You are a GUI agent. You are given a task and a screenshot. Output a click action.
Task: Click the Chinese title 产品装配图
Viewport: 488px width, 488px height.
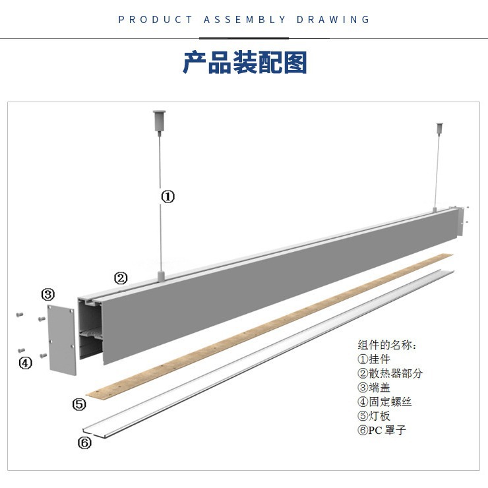point(245,63)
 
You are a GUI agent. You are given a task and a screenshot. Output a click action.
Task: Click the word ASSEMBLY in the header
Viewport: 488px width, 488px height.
point(245,20)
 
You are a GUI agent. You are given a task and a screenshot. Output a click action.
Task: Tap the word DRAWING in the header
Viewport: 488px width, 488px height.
point(333,20)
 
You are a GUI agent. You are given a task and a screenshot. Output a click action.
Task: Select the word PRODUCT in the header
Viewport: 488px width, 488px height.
point(156,20)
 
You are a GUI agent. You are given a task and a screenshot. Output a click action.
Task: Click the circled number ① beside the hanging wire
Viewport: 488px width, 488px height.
point(168,196)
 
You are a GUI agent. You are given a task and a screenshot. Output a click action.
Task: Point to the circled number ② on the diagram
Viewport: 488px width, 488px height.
point(121,278)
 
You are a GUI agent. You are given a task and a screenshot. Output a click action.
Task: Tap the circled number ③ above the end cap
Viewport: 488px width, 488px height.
point(47,294)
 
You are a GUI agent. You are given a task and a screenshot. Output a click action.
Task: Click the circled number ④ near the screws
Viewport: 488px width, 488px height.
point(25,362)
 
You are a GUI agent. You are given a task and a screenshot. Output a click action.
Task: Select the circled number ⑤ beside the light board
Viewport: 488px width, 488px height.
point(79,404)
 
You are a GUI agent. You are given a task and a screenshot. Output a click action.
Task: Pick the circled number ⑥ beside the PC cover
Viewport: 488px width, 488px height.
point(84,442)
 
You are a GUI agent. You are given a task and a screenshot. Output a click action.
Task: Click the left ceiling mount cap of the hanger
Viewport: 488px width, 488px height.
point(159,120)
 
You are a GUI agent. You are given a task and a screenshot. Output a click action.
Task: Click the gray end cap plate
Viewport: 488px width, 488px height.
point(62,339)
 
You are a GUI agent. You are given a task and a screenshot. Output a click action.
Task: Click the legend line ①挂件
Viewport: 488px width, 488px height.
point(374,359)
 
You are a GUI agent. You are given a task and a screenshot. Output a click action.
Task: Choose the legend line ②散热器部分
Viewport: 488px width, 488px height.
point(390,373)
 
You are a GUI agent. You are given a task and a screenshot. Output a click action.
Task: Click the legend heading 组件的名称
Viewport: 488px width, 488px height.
point(386,345)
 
